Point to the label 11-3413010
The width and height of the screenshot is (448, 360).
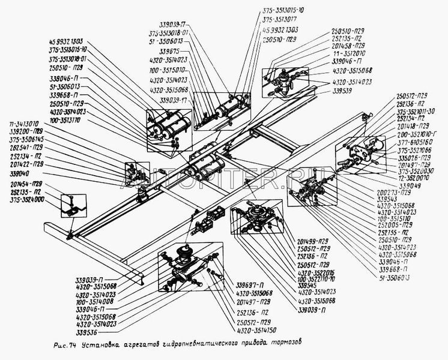click(x=23, y=124)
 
